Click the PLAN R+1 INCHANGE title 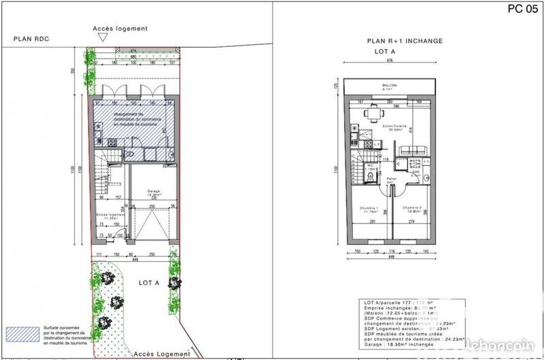(405, 41)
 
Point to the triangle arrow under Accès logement (102, 38)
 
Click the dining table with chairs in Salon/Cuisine (372, 113)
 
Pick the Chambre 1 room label (369, 209)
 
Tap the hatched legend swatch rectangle (20, 333)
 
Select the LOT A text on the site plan (149, 282)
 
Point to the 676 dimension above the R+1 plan (390, 61)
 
